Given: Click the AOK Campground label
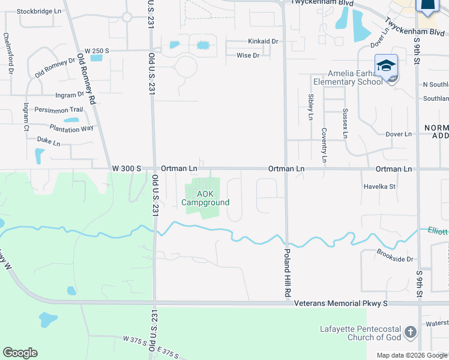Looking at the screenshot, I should [x=206, y=198].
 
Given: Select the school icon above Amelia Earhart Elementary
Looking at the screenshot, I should [x=386, y=65].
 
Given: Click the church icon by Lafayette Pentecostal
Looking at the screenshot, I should [x=410, y=332].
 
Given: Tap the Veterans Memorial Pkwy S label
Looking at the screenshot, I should [x=341, y=304].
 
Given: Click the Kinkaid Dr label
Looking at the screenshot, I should [x=264, y=41].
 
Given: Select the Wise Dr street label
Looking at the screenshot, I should [x=247, y=56].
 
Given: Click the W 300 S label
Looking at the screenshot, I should [x=126, y=169].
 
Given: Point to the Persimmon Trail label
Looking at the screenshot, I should [x=58, y=110].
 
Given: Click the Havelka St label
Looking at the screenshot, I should [x=380, y=187].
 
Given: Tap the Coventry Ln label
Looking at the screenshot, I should [x=324, y=145].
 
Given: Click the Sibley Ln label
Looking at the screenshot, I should [x=310, y=107].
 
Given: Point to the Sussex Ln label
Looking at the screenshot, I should [x=345, y=123].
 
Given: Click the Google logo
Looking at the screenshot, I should [x=20, y=353].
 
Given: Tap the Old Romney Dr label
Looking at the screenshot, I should [x=55, y=67].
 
